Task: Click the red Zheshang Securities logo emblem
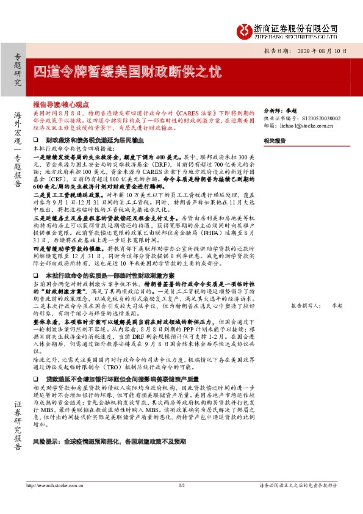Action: tap(245, 31)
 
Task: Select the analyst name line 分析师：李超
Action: tap(275, 110)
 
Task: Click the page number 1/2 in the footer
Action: tap(181, 485)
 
